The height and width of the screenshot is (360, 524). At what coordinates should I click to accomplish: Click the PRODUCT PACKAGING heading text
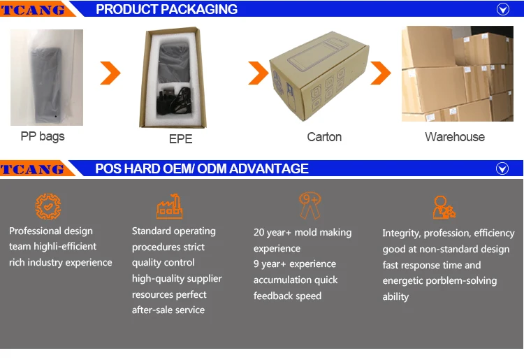166,9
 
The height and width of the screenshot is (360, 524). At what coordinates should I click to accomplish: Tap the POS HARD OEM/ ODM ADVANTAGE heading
202,168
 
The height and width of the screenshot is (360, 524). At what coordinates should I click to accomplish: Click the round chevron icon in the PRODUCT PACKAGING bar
502,9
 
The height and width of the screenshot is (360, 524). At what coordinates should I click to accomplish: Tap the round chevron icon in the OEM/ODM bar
502,168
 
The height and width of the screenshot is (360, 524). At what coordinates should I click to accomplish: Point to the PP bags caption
43,136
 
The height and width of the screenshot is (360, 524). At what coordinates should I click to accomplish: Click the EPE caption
180,139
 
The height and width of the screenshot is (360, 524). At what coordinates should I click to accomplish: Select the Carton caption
324,137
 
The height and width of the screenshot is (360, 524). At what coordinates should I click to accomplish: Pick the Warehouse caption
454,137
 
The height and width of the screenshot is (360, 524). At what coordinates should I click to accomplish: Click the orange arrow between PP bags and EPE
110,72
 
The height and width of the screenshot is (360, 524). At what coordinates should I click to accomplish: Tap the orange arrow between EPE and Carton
259,72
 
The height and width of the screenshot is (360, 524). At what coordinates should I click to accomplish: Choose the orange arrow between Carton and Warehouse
380,72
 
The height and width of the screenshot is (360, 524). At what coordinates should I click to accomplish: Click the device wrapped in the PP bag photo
46,77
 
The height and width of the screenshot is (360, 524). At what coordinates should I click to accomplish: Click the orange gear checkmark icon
48,206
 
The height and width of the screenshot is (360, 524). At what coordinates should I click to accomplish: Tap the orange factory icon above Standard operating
169,206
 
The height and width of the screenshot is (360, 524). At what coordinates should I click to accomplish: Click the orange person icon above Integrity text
444,208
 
